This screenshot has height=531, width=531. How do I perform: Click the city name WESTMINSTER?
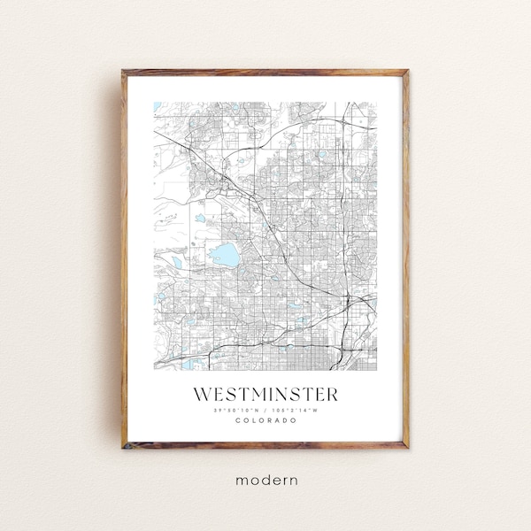(x=266, y=391)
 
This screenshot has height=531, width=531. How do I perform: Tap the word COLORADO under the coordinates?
(x=266, y=419)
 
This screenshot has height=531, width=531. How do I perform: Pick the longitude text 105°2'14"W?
(x=297, y=409)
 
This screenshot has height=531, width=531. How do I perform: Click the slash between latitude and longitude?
(x=266, y=409)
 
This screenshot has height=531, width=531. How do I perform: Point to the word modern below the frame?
(x=266, y=479)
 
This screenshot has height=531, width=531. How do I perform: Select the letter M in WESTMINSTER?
(x=257, y=391)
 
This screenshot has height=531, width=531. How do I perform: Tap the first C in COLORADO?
(x=238, y=419)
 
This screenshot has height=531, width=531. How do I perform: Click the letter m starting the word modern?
(x=241, y=479)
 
